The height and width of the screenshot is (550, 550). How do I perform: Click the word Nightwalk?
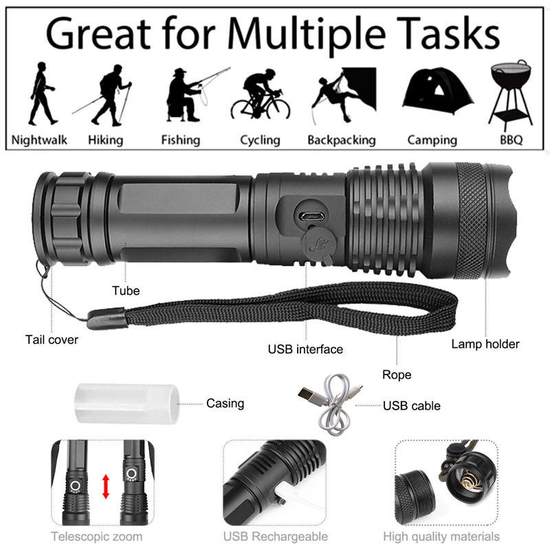point(40,140)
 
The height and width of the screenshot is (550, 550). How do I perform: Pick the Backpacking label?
point(342,140)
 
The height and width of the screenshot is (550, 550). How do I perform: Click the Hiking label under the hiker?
point(106,140)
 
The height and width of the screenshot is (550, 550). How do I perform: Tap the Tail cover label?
point(52,340)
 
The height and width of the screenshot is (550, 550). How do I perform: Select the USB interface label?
point(305,349)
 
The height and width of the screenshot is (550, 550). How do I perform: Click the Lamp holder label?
point(485,344)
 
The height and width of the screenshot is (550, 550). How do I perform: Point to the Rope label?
point(397,375)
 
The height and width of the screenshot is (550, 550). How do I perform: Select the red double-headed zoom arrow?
point(106,485)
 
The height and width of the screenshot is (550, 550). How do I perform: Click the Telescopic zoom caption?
point(96,536)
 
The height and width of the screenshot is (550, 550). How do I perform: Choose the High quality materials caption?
point(441,536)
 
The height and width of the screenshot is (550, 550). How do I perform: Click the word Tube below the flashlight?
point(126,291)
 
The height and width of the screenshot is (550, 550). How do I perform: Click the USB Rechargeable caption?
point(275,536)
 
